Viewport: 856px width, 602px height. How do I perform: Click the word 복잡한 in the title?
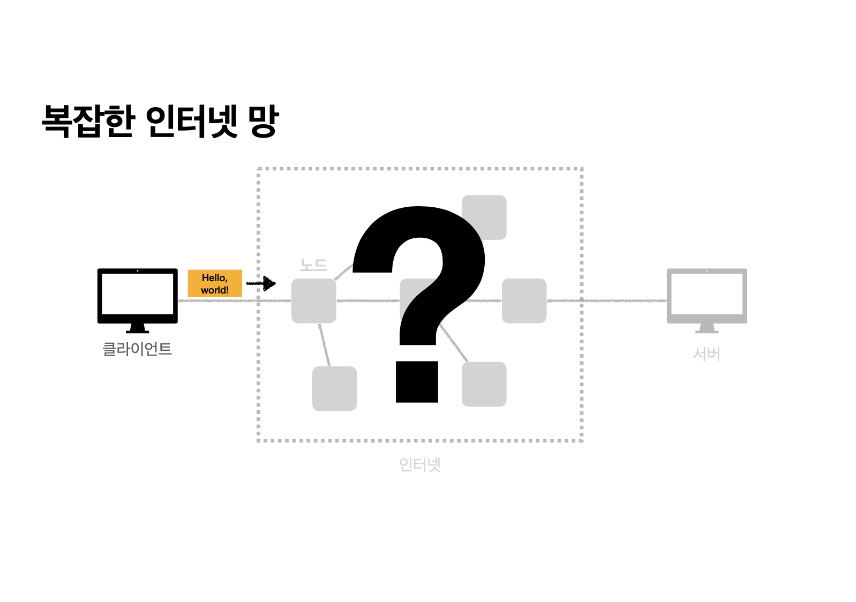pyautogui.click(x=87, y=121)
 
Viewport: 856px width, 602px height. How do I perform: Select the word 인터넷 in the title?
pyautogui.click(x=191, y=121)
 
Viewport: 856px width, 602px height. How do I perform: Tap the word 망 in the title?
pyautogui.click(x=263, y=121)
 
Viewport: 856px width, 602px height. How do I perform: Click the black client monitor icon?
pyautogui.click(x=137, y=296)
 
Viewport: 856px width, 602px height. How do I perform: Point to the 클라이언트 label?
pyautogui.click(x=137, y=349)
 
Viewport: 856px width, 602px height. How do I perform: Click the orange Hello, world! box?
pyautogui.click(x=215, y=284)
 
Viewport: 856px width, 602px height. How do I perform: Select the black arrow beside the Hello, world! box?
pyautogui.click(x=261, y=283)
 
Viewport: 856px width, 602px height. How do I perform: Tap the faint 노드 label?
pyautogui.click(x=313, y=265)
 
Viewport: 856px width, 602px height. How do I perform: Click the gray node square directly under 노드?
pyautogui.click(x=313, y=301)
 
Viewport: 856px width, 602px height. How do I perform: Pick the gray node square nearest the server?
pyautogui.click(x=524, y=301)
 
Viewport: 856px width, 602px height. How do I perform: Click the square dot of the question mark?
pyautogui.click(x=417, y=382)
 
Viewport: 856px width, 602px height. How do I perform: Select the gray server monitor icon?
pyautogui.click(x=707, y=296)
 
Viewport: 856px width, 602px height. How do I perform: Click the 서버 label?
pyautogui.click(x=707, y=354)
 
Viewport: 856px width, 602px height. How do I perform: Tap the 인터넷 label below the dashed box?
pyautogui.click(x=419, y=464)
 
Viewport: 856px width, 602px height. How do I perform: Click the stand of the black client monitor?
pyautogui.click(x=137, y=328)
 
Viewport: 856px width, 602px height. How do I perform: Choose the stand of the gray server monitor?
pyautogui.click(x=707, y=328)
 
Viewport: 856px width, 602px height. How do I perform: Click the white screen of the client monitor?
pyautogui.click(x=137, y=294)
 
